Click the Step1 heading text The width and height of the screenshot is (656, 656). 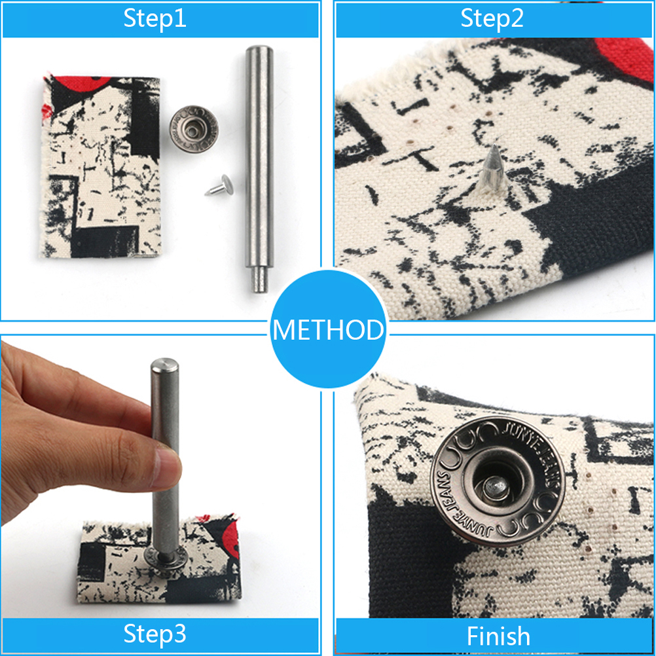[155, 19]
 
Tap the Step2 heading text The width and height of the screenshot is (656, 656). [492, 19]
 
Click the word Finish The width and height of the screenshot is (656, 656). [498, 636]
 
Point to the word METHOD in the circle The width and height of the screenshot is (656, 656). [328, 330]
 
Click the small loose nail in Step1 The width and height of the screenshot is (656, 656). [219, 186]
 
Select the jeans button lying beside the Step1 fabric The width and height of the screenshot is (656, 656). [194, 129]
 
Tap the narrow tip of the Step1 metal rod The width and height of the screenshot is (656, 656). [259, 280]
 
